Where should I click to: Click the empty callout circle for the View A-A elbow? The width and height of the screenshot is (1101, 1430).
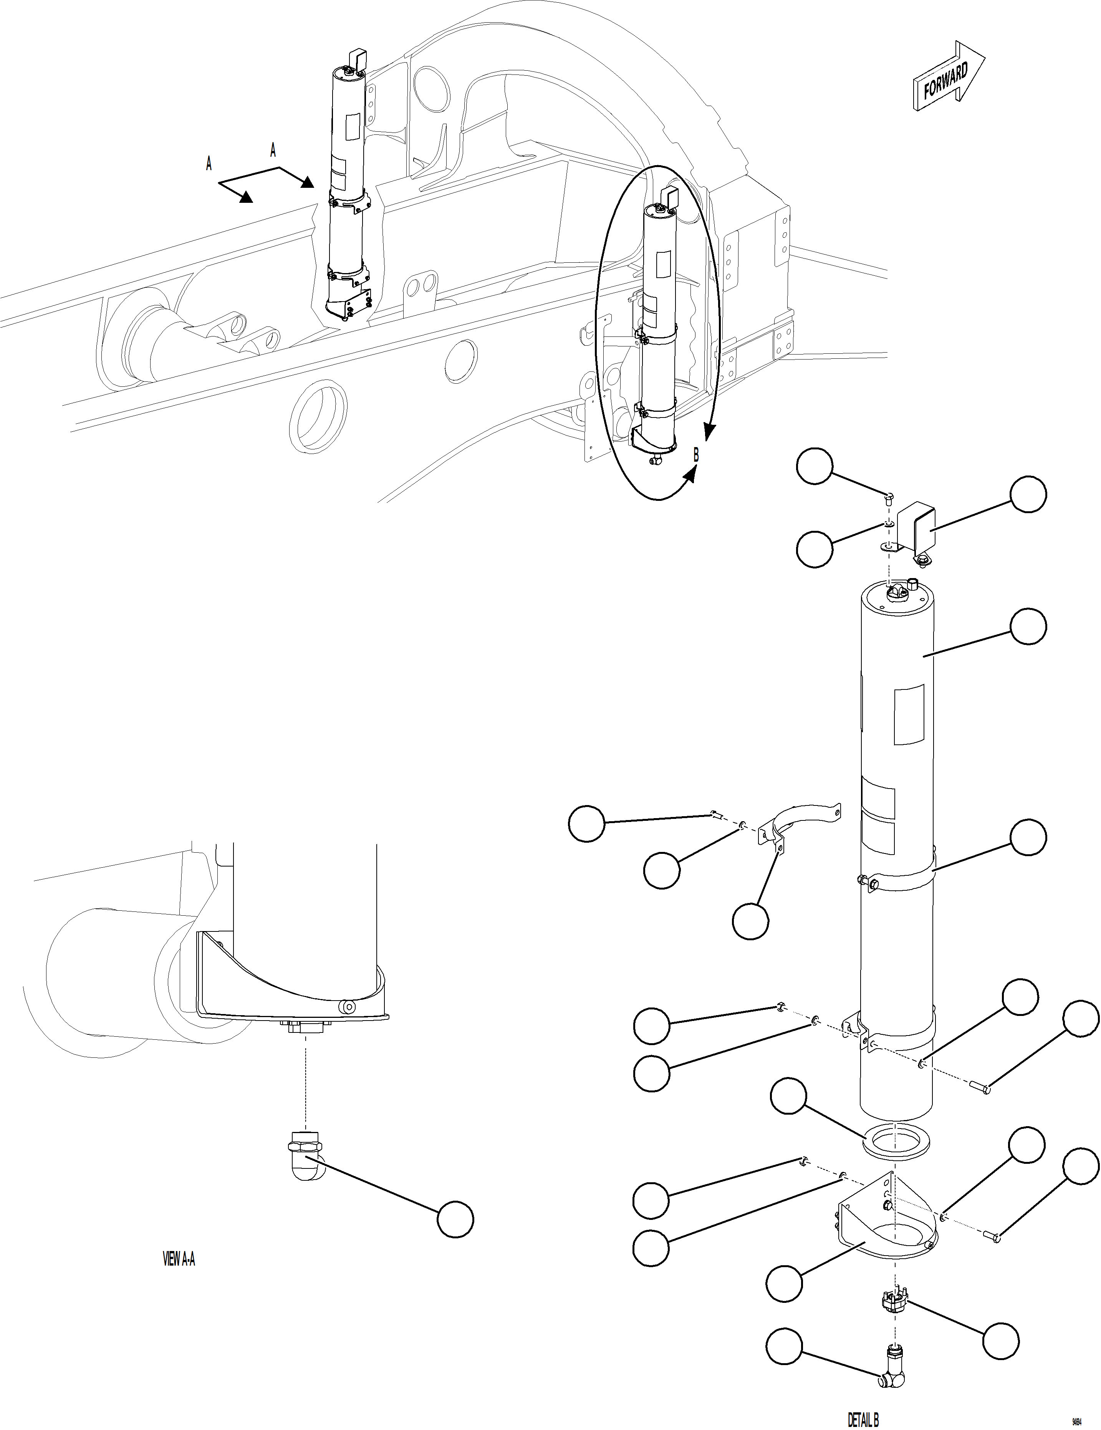pyautogui.click(x=455, y=1219)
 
